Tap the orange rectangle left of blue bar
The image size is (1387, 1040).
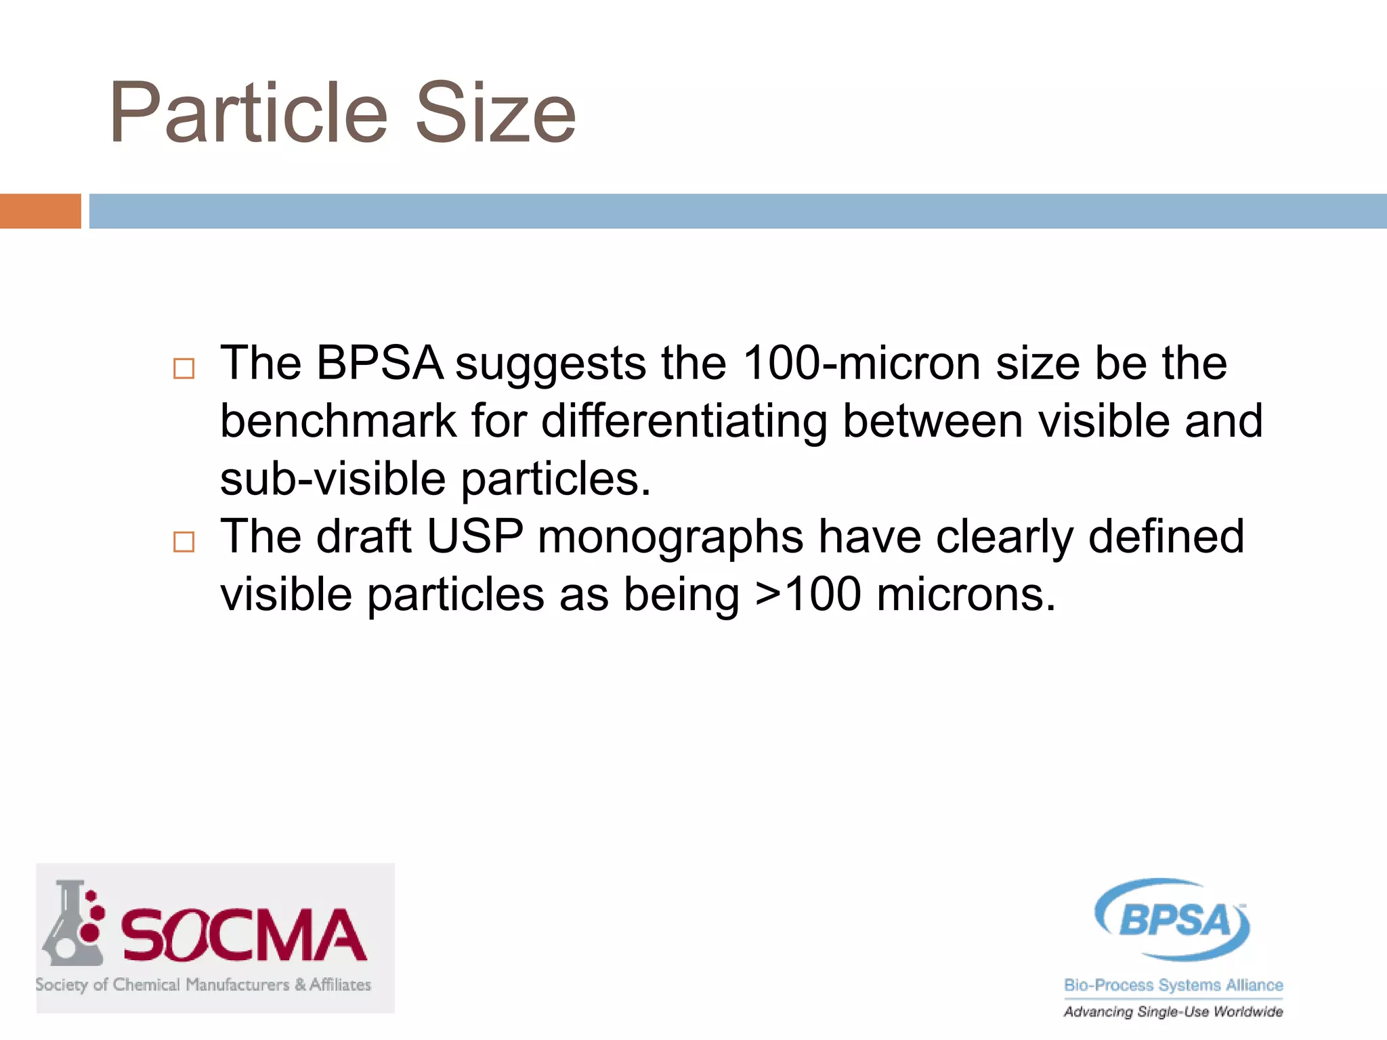[40, 211]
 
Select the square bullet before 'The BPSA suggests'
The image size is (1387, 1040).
[184, 368]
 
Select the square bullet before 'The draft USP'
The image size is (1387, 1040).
[184, 542]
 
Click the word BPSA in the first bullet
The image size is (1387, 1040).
[379, 364]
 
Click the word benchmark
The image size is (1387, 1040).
[339, 422]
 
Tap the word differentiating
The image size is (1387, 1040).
[684, 422]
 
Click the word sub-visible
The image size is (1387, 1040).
[333, 479]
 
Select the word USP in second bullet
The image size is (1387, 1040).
[475, 537]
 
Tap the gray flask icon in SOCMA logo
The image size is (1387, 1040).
[72, 925]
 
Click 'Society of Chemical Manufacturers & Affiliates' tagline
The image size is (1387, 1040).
[203, 984]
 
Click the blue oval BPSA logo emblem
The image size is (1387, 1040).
[1173, 919]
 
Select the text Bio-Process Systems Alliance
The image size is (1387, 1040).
[1173, 985]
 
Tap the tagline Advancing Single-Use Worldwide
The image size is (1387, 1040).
[1173, 1012]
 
